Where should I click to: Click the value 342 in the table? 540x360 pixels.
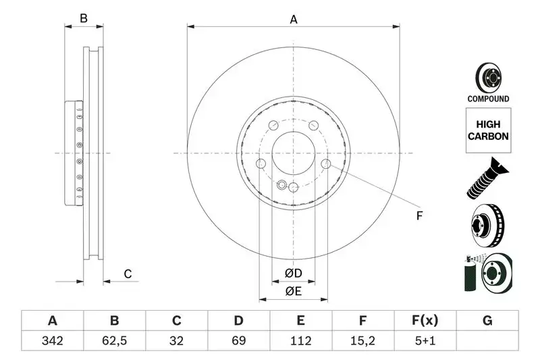[52, 340]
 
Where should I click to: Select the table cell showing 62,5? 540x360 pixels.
[114, 340]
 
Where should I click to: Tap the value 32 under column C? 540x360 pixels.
[177, 340]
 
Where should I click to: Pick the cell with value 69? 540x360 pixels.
[239, 340]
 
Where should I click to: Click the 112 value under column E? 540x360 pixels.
[301, 340]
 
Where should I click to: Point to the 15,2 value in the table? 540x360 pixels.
[363, 340]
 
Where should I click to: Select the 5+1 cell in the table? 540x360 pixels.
[425, 340]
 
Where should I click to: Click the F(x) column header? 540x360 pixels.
[425, 321]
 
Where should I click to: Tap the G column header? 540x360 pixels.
[487, 321]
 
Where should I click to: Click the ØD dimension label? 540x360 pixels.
[292, 274]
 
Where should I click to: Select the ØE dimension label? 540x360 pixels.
[292, 291]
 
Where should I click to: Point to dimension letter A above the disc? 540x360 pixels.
[294, 20]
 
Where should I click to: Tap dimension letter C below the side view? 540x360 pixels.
[127, 274]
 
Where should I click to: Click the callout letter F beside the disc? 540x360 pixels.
[418, 216]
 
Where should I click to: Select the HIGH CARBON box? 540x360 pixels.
[488, 130]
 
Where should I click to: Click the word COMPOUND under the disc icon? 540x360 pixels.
[488, 99]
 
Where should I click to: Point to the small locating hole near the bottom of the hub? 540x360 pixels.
[281, 184]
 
